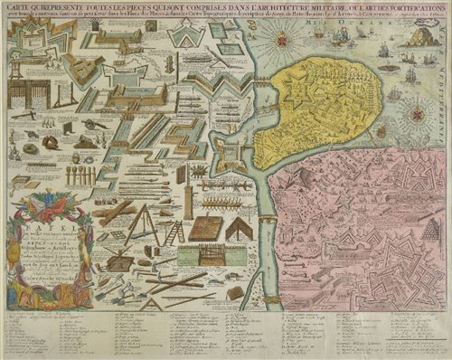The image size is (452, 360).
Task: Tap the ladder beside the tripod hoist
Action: pyautogui.click(x=175, y=231)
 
